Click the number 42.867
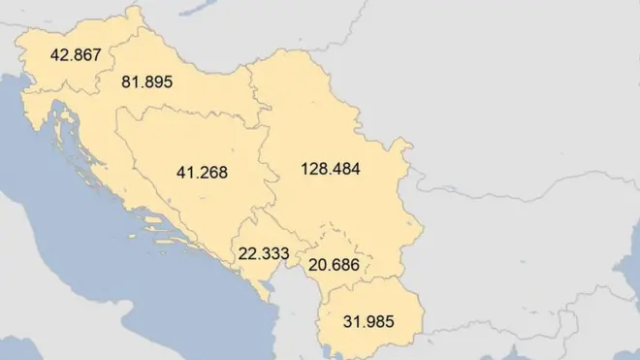(76, 55)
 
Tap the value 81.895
(146, 82)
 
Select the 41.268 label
(202, 174)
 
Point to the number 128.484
(331, 169)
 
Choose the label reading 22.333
(263, 253)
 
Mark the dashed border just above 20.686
(330, 232)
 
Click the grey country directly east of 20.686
(485, 262)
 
